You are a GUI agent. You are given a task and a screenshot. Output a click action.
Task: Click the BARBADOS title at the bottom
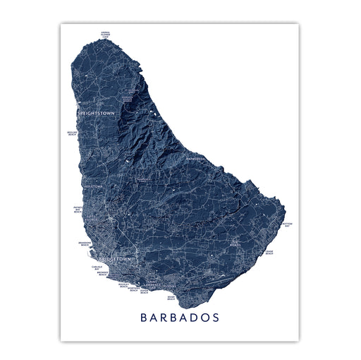click(x=180, y=318)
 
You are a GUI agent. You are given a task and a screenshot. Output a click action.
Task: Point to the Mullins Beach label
click(x=71, y=133)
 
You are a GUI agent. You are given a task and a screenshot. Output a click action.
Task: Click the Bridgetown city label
click(x=115, y=259)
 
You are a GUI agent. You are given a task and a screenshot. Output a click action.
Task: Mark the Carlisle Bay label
click(x=97, y=267)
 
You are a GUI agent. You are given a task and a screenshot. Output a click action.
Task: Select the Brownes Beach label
click(x=102, y=273)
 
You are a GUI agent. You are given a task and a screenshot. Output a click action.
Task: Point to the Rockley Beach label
click(x=123, y=286)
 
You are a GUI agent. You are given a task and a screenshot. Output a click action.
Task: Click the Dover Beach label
click(x=145, y=290)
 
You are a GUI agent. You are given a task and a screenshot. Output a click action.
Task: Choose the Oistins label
click(x=173, y=287)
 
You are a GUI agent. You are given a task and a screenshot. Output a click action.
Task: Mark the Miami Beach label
click(x=171, y=299)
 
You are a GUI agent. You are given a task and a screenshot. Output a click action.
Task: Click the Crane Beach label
click(x=269, y=252)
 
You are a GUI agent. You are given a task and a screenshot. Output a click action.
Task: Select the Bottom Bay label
click(x=286, y=225)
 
